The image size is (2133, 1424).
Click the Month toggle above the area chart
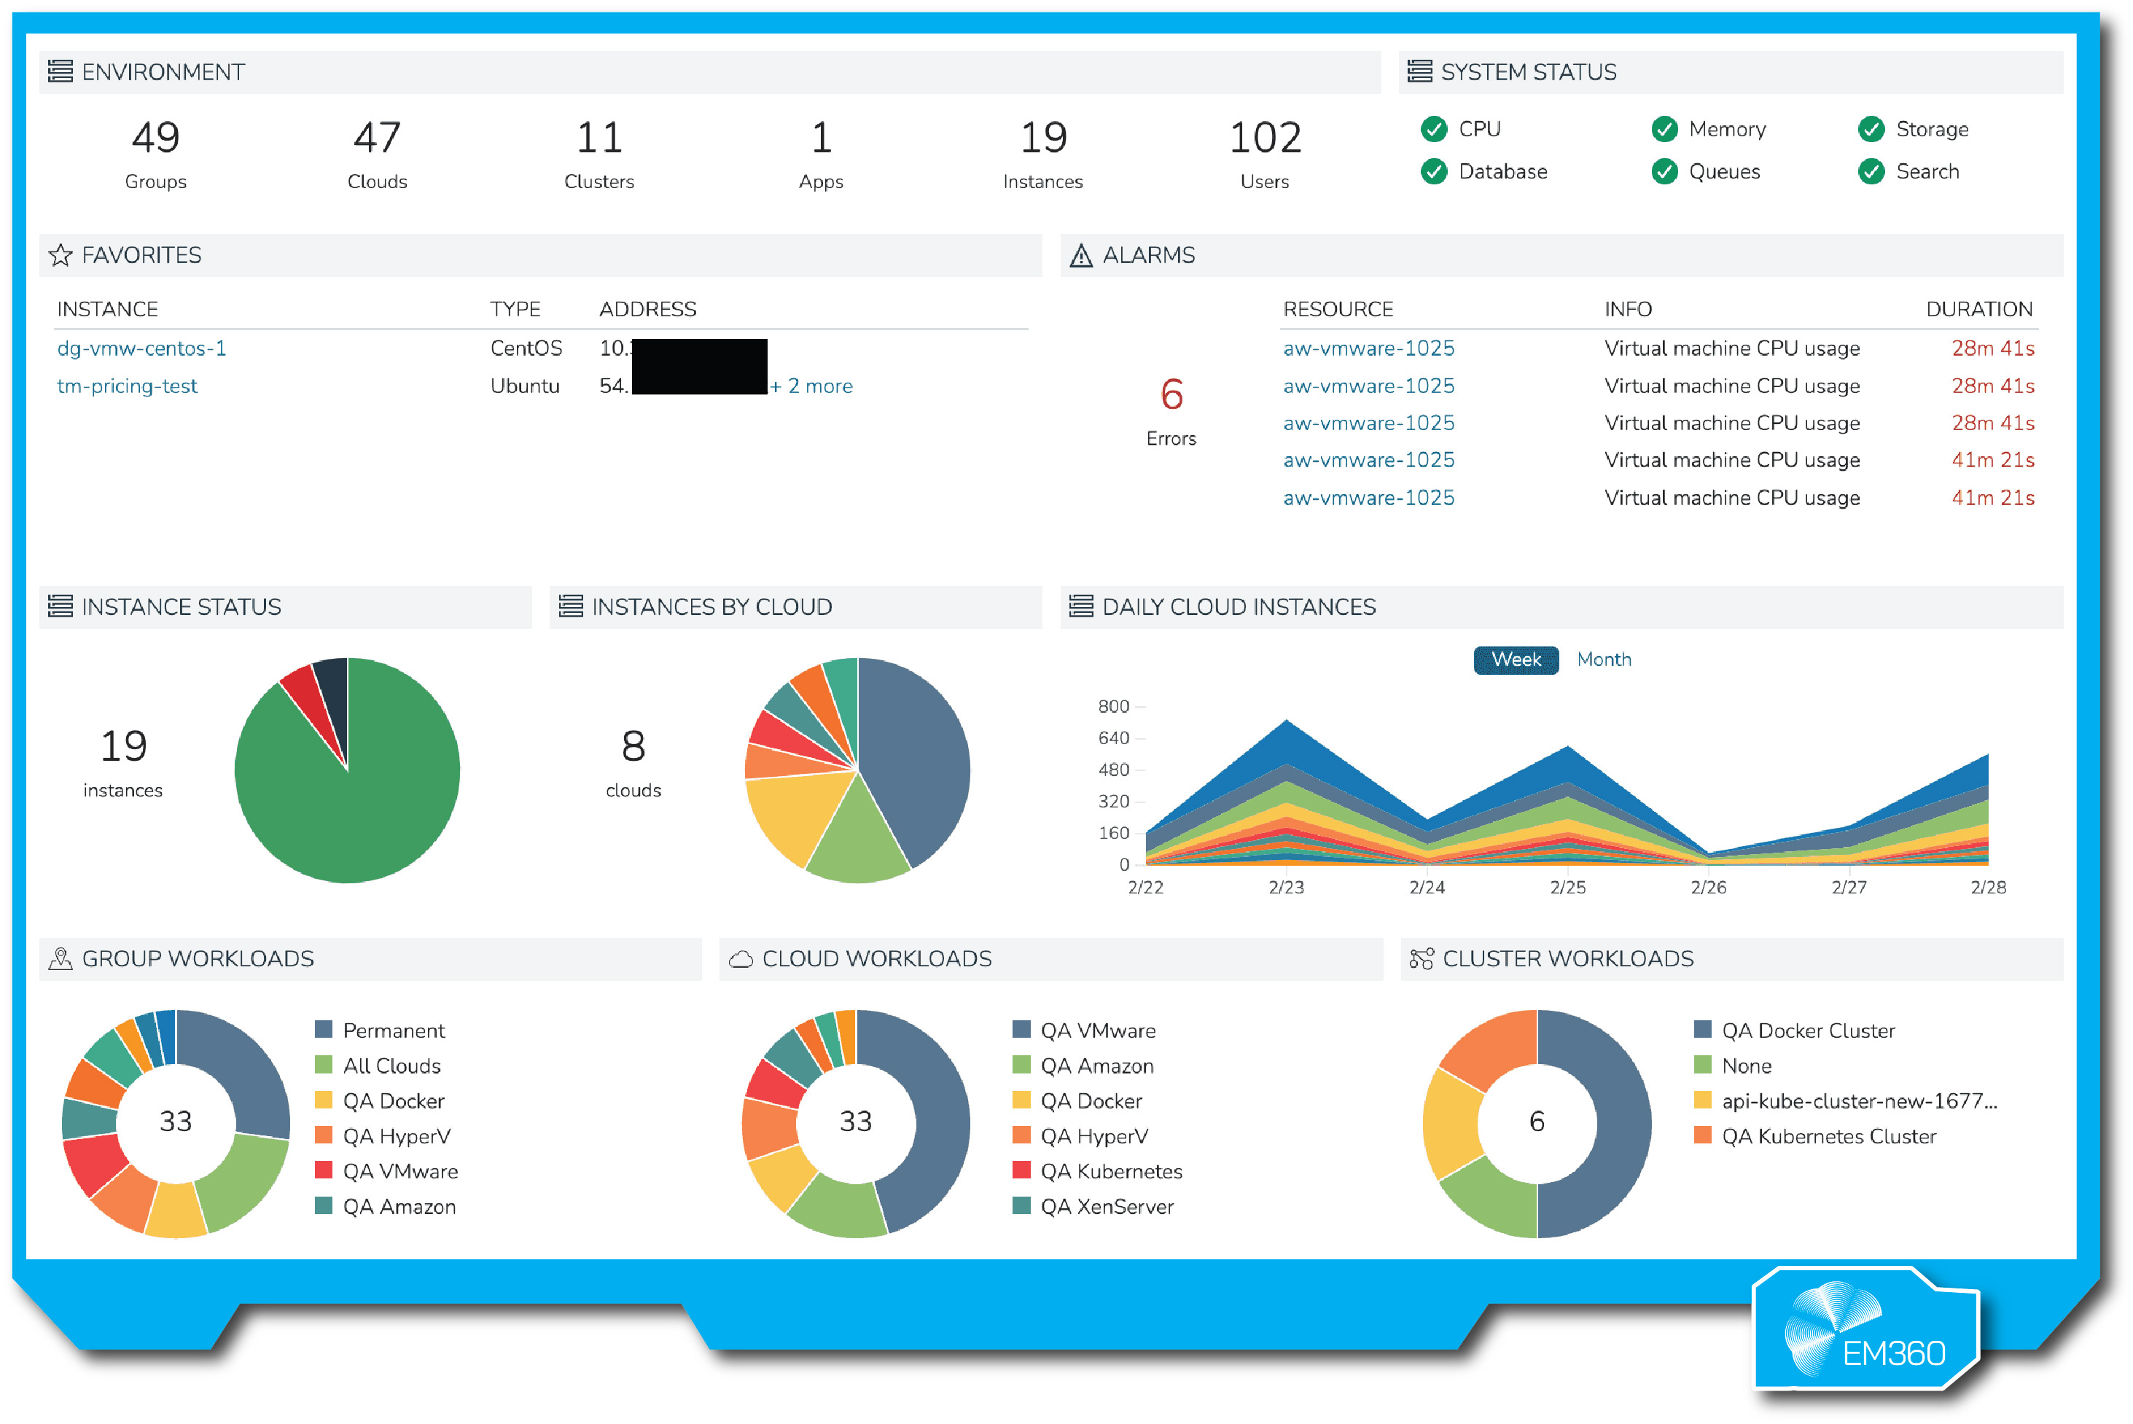click(x=1603, y=660)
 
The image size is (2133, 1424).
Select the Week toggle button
click(x=1516, y=660)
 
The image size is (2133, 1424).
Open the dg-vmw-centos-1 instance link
click(x=141, y=349)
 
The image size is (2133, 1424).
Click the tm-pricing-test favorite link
click(x=127, y=386)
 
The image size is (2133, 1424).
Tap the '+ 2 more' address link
click(x=811, y=386)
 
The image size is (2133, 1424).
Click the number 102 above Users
click(x=1265, y=138)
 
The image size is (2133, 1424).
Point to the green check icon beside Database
click(x=1433, y=172)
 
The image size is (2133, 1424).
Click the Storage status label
click(x=1931, y=129)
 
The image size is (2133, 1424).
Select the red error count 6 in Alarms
click(x=1171, y=395)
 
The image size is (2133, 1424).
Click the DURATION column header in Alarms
click(x=1978, y=310)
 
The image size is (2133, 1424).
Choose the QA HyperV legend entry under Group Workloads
click(x=396, y=1136)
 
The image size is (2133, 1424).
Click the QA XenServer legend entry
click(x=1106, y=1207)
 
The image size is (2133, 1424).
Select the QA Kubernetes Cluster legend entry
click(x=1828, y=1136)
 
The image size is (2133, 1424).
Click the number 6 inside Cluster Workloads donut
click(x=1536, y=1122)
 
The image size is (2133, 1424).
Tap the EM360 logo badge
click(x=1867, y=1331)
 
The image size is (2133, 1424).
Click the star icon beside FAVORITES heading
click(x=61, y=255)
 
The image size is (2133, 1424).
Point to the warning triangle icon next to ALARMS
click(x=1080, y=256)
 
